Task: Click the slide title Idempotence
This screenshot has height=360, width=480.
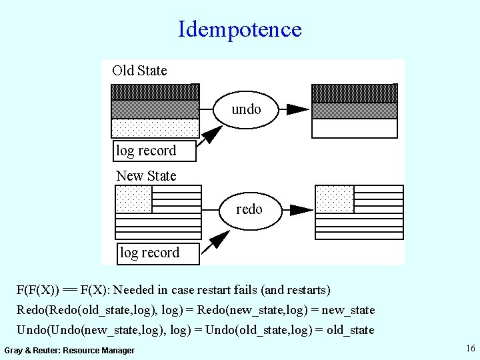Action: [239, 29]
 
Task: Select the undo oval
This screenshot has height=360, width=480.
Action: [246, 109]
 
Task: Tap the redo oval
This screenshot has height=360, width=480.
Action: [249, 209]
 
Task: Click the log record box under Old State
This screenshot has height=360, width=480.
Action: [154, 151]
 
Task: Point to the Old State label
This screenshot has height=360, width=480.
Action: [139, 71]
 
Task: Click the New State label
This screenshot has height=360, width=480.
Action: [146, 176]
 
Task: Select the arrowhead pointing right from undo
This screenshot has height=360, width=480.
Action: [297, 109]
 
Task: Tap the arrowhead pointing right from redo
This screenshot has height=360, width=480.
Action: [301, 210]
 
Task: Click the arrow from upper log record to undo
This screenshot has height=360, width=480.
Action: [211, 135]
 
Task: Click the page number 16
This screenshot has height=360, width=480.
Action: [470, 348]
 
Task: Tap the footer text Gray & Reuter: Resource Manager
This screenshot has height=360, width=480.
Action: [69, 351]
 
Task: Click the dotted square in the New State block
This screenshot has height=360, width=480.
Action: [133, 199]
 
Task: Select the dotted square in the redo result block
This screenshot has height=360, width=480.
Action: [334, 199]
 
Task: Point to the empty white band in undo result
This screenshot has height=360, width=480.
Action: [354, 128]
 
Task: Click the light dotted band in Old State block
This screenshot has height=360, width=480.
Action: [155, 127]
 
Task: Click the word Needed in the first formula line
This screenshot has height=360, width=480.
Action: [136, 290]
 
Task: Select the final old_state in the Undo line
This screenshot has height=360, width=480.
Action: [349, 330]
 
